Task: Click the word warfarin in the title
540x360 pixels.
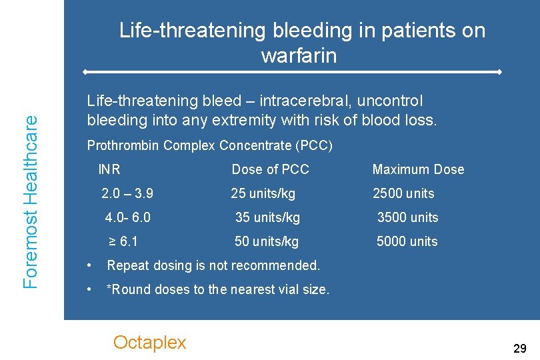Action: [x=299, y=56]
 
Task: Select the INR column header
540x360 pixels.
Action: [x=109, y=169]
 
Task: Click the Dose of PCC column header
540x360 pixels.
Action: [x=270, y=169]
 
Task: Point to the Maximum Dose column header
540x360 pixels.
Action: [x=418, y=169]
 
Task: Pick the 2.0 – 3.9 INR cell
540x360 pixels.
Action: [x=127, y=193]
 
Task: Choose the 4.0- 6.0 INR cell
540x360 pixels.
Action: [x=128, y=217]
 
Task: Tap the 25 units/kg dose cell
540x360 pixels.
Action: [x=263, y=193]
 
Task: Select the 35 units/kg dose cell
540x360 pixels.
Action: [x=267, y=217]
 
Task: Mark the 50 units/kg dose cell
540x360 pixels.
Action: [x=267, y=241]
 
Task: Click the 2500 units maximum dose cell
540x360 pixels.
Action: [x=403, y=193]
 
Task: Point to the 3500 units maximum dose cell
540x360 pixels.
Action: [x=408, y=217]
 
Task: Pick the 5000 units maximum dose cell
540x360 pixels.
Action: [x=407, y=241]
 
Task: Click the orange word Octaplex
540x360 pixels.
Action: [x=149, y=343]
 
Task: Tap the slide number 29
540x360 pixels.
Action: [x=519, y=348]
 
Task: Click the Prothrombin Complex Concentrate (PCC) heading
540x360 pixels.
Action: [x=209, y=145]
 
